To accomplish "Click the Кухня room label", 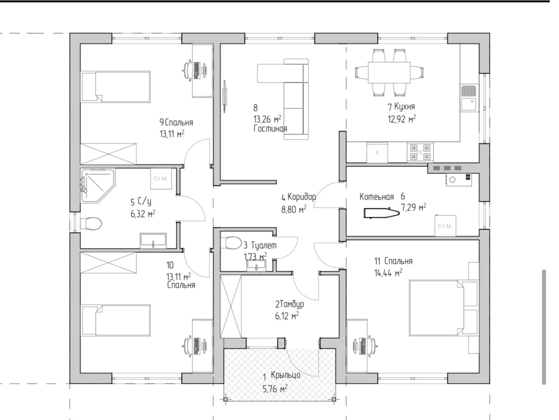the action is tap(404, 107).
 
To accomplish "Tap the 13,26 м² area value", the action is tap(267, 119).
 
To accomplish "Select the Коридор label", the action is tap(302, 197).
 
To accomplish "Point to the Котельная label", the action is tap(377, 197).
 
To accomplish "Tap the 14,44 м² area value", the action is tap(388, 273).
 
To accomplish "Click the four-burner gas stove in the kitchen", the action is tap(420, 152).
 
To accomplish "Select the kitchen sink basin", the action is tap(469, 104).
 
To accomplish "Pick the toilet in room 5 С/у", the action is tap(91, 224).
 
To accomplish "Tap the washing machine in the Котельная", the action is tap(445, 226).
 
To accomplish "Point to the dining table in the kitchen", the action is tap(389, 72).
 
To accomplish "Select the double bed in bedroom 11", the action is tap(443, 308).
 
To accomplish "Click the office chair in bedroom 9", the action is tap(187, 70).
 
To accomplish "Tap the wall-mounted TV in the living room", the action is tap(225, 96).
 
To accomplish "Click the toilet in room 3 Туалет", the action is tap(231, 243).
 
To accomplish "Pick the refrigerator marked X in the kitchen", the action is tap(377, 152).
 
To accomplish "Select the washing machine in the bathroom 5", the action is tap(161, 178).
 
